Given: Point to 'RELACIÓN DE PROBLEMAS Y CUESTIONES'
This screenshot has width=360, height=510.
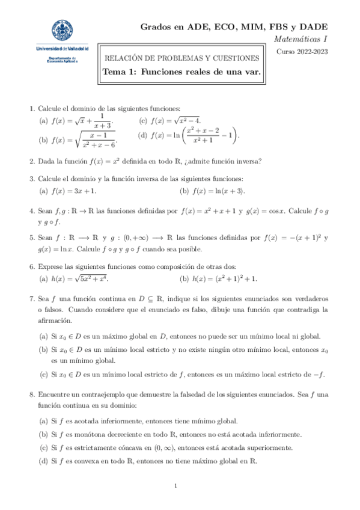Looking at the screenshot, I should tap(182, 58).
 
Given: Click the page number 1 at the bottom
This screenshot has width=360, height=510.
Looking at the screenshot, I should tap(175, 486).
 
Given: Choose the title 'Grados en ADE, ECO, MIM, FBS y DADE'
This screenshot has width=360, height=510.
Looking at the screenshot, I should tap(234, 26).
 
